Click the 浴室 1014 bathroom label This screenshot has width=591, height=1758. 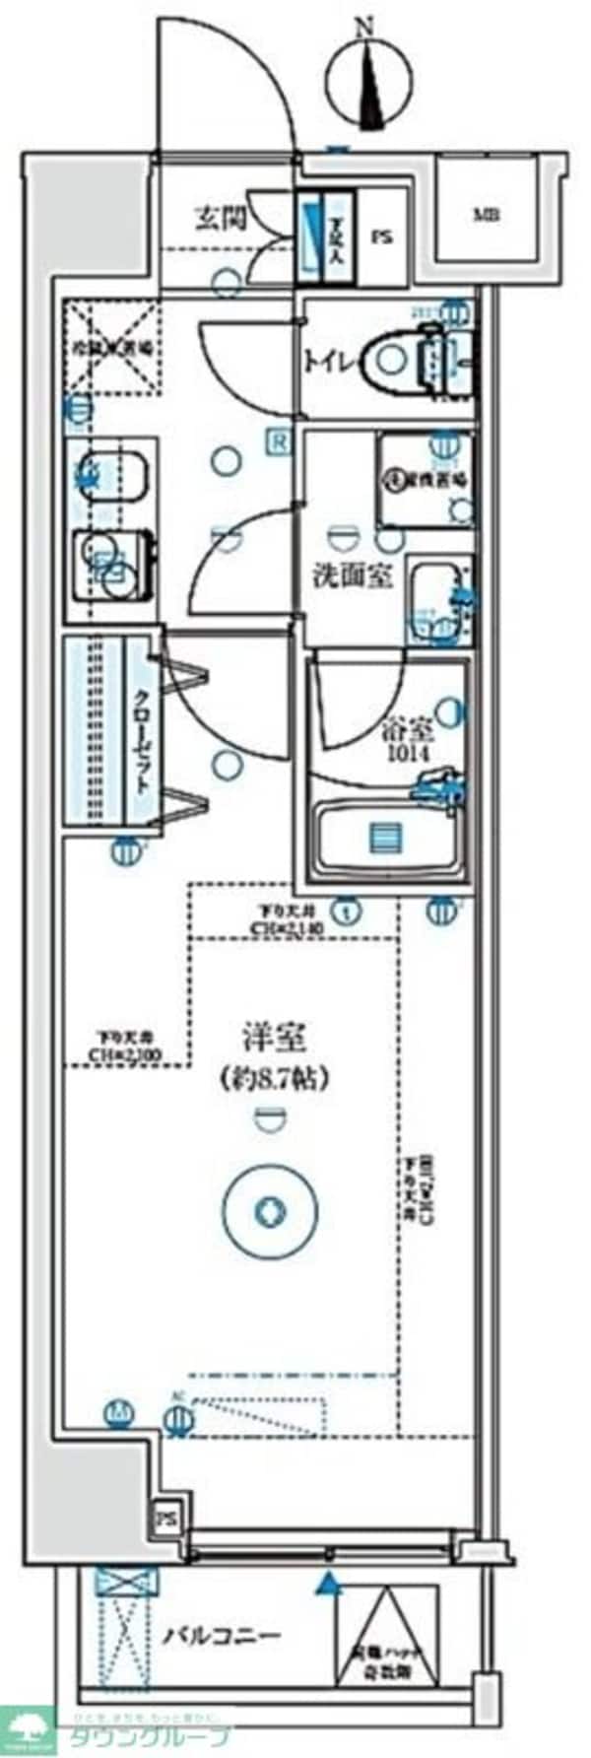pyautogui.click(x=407, y=740)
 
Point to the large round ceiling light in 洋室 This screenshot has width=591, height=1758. pyautogui.click(x=268, y=1211)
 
